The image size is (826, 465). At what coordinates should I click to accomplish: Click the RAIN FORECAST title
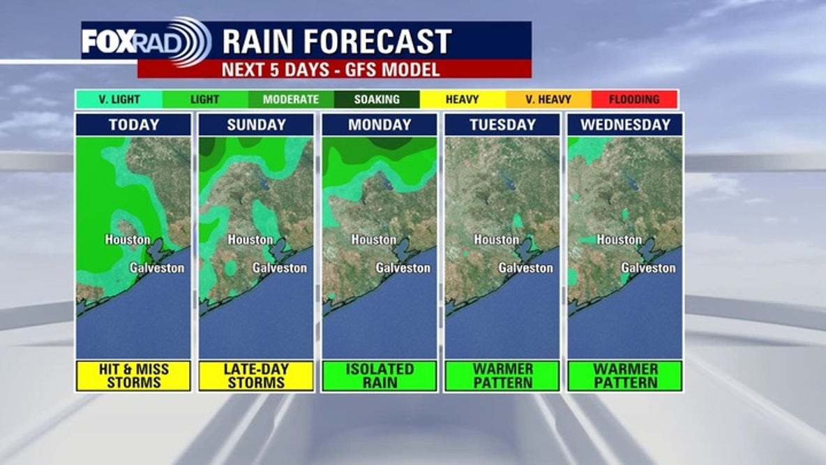(x=337, y=42)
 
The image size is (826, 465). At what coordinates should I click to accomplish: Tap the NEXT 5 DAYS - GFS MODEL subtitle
(x=331, y=70)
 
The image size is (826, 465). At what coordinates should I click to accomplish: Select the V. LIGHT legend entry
(x=119, y=99)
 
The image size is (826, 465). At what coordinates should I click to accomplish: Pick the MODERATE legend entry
(x=291, y=99)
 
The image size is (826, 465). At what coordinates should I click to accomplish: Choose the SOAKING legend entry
(x=377, y=99)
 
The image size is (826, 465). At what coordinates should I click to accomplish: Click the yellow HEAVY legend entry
(x=462, y=99)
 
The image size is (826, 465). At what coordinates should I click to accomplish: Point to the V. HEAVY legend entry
(x=548, y=99)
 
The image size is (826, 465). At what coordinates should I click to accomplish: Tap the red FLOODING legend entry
(x=634, y=99)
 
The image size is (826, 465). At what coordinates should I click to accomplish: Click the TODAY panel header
(x=134, y=125)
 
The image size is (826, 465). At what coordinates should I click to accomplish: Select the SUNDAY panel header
(x=257, y=125)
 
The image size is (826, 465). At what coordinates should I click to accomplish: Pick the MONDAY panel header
(x=380, y=125)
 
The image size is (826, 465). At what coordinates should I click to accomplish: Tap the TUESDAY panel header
(x=502, y=125)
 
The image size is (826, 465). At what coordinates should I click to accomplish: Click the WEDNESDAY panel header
(x=625, y=125)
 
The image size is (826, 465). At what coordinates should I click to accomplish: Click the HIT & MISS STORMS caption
(x=134, y=376)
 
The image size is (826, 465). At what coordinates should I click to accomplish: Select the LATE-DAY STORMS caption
(x=257, y=376)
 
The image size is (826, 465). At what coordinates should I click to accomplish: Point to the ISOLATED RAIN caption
(x=380, y=376)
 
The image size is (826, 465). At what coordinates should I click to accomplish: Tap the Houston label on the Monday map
(x=374, y=240)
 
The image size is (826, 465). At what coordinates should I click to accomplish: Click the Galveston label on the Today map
(x=157, y=267)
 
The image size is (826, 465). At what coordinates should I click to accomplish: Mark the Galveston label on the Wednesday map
(x=649, y=268)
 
